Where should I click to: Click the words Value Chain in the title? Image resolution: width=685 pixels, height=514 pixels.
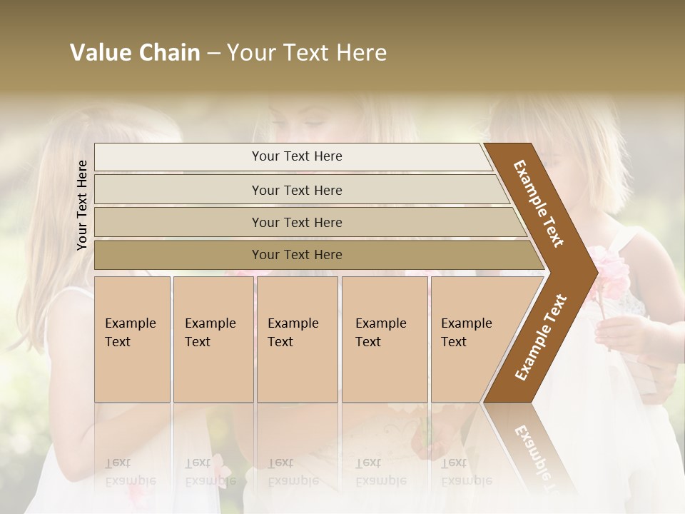pyautogui.click(x=135, y=53)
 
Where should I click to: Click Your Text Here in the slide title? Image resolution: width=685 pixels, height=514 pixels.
pyautogui.click(x=307, y=53)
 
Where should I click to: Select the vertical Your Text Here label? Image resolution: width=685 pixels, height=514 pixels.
pyautogui.click(x=82, y=205)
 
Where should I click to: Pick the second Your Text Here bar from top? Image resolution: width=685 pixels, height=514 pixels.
pyautogui.click(x=297, y=190)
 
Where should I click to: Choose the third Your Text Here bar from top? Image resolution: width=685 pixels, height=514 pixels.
pyautogui.click(x=297, y=222)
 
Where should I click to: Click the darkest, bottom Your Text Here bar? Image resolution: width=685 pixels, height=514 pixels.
pyautogui.click(x=297, y=255)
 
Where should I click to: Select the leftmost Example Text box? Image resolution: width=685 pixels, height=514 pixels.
pyautogui.click(x=132, y=338)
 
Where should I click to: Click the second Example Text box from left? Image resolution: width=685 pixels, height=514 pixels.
pyautogui.click(x=213, y=338)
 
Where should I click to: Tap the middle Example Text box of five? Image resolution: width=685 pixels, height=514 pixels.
pyautogui.click(x=297, y=338)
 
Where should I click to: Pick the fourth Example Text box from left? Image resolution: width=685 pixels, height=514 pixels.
pyautogui.click(x=384, y=338)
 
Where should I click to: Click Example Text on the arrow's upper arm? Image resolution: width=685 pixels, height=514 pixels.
pyautogui.click(x=539, y=203)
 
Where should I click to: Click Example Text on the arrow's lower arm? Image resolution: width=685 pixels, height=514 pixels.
pyautogui.click(x=540, y=337)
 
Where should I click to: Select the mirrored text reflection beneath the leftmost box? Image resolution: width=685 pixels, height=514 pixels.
pyautogui.click(x=131, y=472)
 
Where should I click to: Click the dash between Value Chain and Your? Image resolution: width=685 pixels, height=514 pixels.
pyautogui.click(x=213, y=54)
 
